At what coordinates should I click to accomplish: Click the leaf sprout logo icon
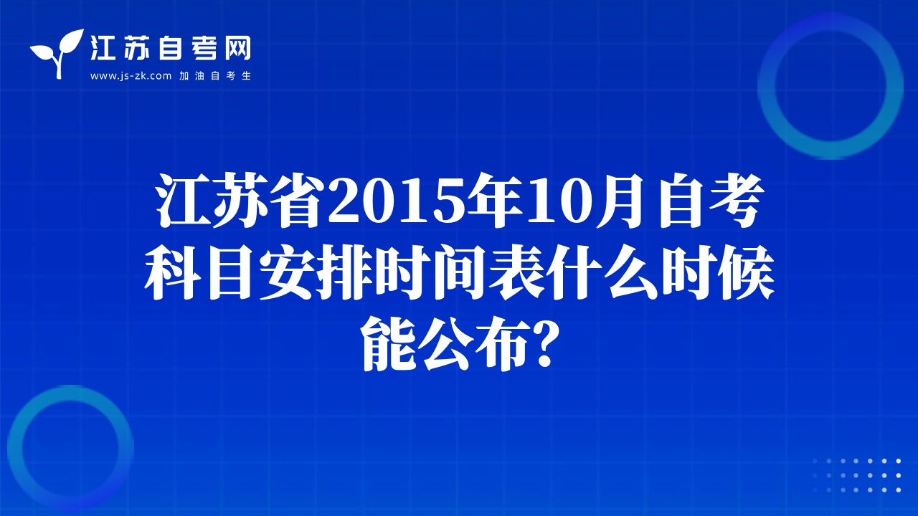tap(57, 53)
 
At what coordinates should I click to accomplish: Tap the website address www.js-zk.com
tap(131, 76)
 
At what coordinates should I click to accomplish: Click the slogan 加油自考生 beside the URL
tap(215, 76)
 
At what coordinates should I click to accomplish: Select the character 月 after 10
tap(620, 201)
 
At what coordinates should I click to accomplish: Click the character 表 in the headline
tap(519, 272)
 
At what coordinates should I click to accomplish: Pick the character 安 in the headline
tap(287, 272)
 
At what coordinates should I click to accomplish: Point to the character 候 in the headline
tap(748, 272)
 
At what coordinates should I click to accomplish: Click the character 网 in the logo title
tap(238, 48)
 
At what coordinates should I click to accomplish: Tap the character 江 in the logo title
tap(103, 48)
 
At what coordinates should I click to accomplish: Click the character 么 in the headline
tap(633, 272)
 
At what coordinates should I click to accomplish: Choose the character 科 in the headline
tap(172, 272)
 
